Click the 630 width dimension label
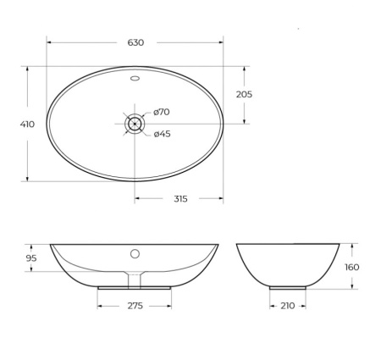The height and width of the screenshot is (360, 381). [x=135, y=42]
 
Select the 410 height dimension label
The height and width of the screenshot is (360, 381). [x=27, y=124]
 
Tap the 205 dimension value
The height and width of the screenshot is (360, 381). [x=244, y=94]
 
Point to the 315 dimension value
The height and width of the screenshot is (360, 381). [x=179, y=198]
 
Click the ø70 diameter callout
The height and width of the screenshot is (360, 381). [x=162, y=112]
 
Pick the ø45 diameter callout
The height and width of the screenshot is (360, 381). [x=163, y=134]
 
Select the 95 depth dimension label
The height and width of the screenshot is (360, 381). [x=30, y=258]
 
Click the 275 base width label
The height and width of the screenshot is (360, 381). [x=135, y=305]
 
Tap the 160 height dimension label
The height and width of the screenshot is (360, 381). [x=352, y=267]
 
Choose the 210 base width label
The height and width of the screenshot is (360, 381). [x=287, y=305]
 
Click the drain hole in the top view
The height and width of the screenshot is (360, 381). [x=135, y=124]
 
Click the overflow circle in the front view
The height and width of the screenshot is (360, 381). [x=135, y=253]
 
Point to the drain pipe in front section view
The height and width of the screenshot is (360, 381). [x=135, y=279]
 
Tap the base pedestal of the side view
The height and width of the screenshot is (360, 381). [x=287, y=287]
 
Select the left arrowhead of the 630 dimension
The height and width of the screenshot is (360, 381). [x=49, y=42]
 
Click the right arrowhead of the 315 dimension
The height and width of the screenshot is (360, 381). [x=221, y=198]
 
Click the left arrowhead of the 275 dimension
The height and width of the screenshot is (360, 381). [x=100, y=305]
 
